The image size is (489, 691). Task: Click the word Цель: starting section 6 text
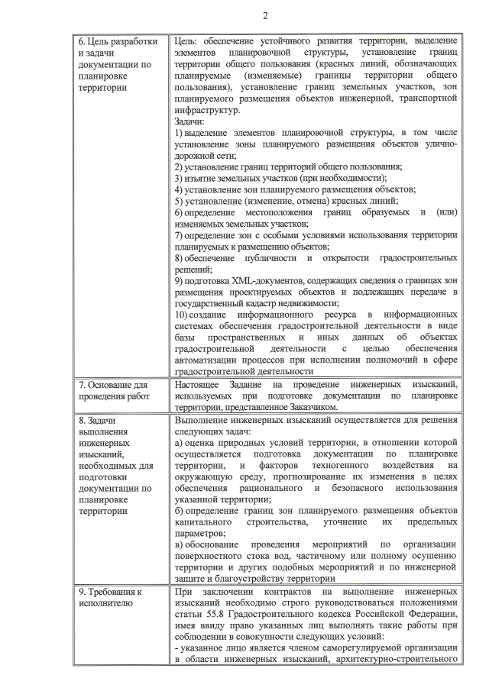pos(188,40)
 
